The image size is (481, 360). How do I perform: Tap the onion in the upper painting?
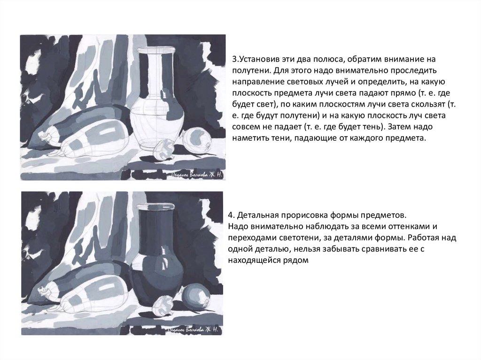pyautogui.click(x=197, y=140)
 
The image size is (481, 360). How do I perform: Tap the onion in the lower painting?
pyautogui.click(x=197, y=296)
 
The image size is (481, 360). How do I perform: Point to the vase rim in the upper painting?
pyautogui.click(x=156, y=50)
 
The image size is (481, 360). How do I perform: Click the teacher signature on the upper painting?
pyautogui.click(x=197, y=175)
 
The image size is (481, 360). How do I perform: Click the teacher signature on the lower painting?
pyautogui.click(x=194, y=329)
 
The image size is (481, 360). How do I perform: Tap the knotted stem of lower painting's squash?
pyautogui.click(x=47, y=290)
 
